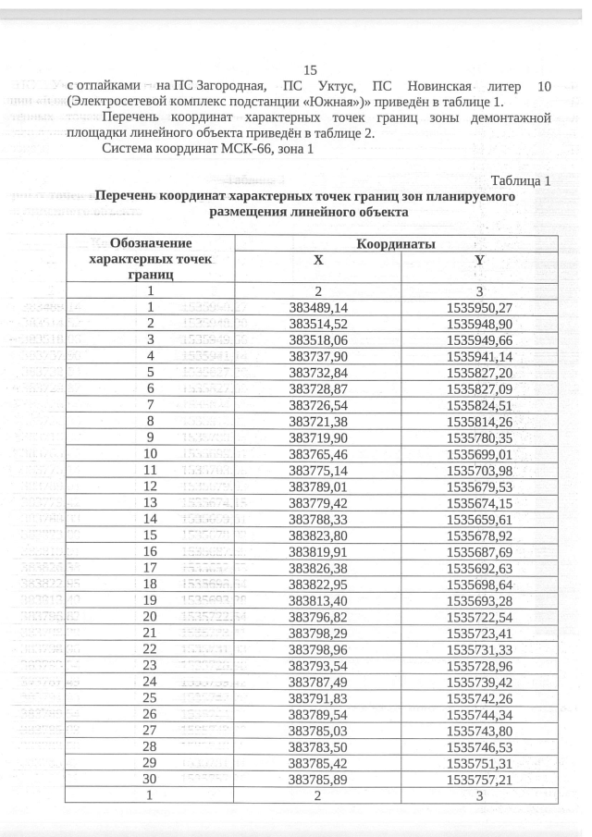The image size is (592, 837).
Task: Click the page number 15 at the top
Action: pos(310,70)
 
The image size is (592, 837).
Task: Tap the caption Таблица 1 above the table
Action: pos(521,180)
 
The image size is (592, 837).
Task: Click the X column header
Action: pos(318,261)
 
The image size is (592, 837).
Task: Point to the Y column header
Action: pos(479,261)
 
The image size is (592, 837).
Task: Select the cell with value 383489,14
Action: pos(318,307)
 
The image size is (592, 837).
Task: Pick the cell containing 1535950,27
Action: pos(479,307)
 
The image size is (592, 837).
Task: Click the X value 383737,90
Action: pos(318,355)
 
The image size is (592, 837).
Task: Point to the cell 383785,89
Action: pos(318,780)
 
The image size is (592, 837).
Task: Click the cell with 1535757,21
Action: pos(479,780)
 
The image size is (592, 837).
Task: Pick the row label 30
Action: pos(150,780)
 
